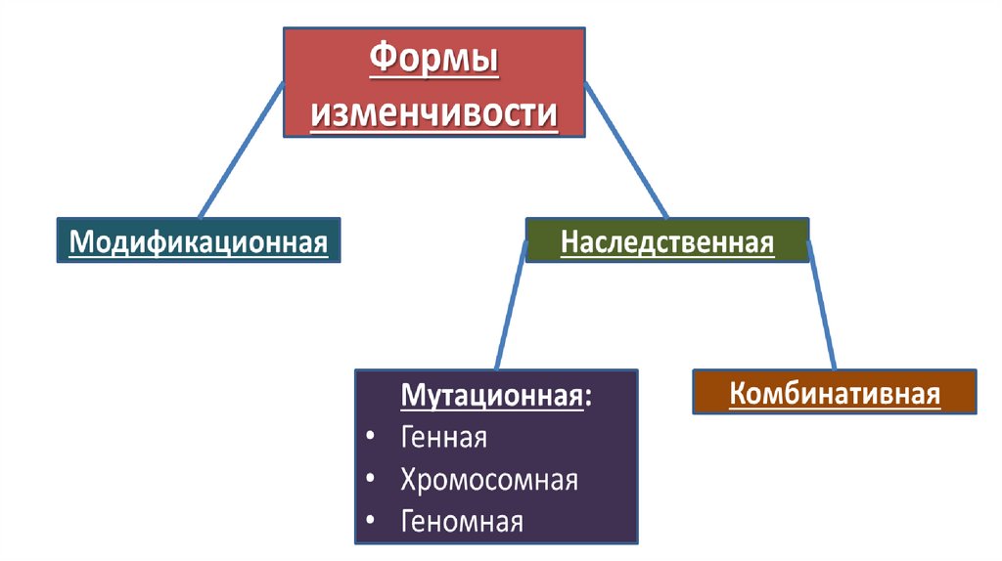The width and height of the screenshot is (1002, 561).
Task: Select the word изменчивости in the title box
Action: (x=433, y=114)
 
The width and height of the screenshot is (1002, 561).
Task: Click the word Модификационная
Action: (x=199, y=241)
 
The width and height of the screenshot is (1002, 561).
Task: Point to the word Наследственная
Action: (x=667, y=241)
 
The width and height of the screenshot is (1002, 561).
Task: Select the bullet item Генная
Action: (x=443, y=437)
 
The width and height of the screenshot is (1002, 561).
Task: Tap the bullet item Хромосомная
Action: (x=489, y=480)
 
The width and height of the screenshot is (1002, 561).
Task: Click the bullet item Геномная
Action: (x=462, y=522)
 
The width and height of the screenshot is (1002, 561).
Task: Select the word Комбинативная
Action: (x=835, y=394)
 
